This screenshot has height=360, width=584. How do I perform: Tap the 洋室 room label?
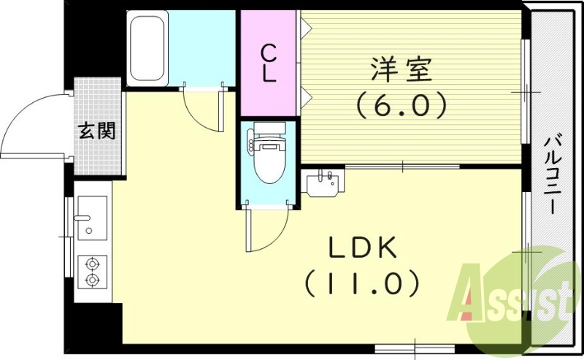click(401, 72)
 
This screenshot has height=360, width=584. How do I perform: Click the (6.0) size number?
click(401, 107)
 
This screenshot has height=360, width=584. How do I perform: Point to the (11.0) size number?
click(361, 281)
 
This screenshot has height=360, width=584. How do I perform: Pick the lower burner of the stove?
click(93, 280)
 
